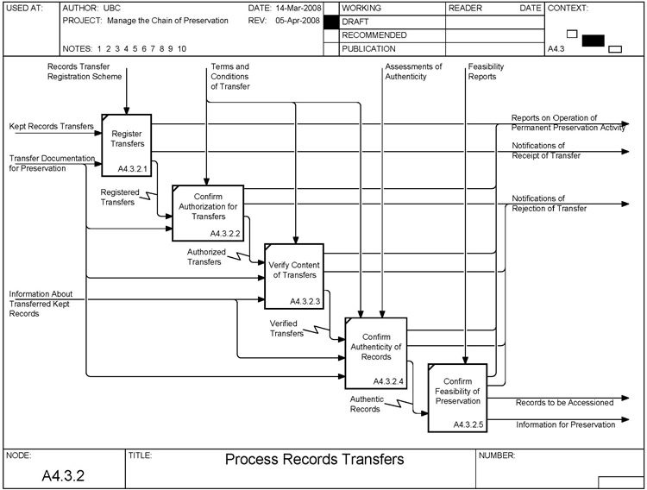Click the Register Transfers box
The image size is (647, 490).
pyautogui.click(x=127, y=138)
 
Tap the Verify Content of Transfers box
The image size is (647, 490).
pyautogui.click(x=293, y=275)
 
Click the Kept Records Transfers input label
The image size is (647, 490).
pyautogui.click(x=51, y=127)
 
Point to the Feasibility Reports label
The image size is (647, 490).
pyautogui.click(x=486, y=72)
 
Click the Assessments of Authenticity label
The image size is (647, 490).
pyautogui.click(x=413, y=72)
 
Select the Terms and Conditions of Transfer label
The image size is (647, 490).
pyautogui.click(x=229, y=77)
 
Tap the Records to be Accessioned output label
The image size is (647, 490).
pyautogui.click(x=564, y=402)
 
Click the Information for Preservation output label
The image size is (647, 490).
pyautogui.click(x=565, y=424)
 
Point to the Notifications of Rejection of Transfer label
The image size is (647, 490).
pyautogui.click(x=549, y=203)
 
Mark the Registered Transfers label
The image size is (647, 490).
pyautogui.click(x=117, y=198)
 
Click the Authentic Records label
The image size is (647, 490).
pyautogui.click(x=365, y=404)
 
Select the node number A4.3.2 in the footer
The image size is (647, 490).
pyautogui.click(x=63, y=474)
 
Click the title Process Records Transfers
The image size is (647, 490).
pyautogui.click(x=314, y=459)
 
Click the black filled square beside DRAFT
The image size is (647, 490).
pyautogui.click(x=330, y=22)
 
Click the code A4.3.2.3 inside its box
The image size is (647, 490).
pyautogui.click(x=305, y=302)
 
